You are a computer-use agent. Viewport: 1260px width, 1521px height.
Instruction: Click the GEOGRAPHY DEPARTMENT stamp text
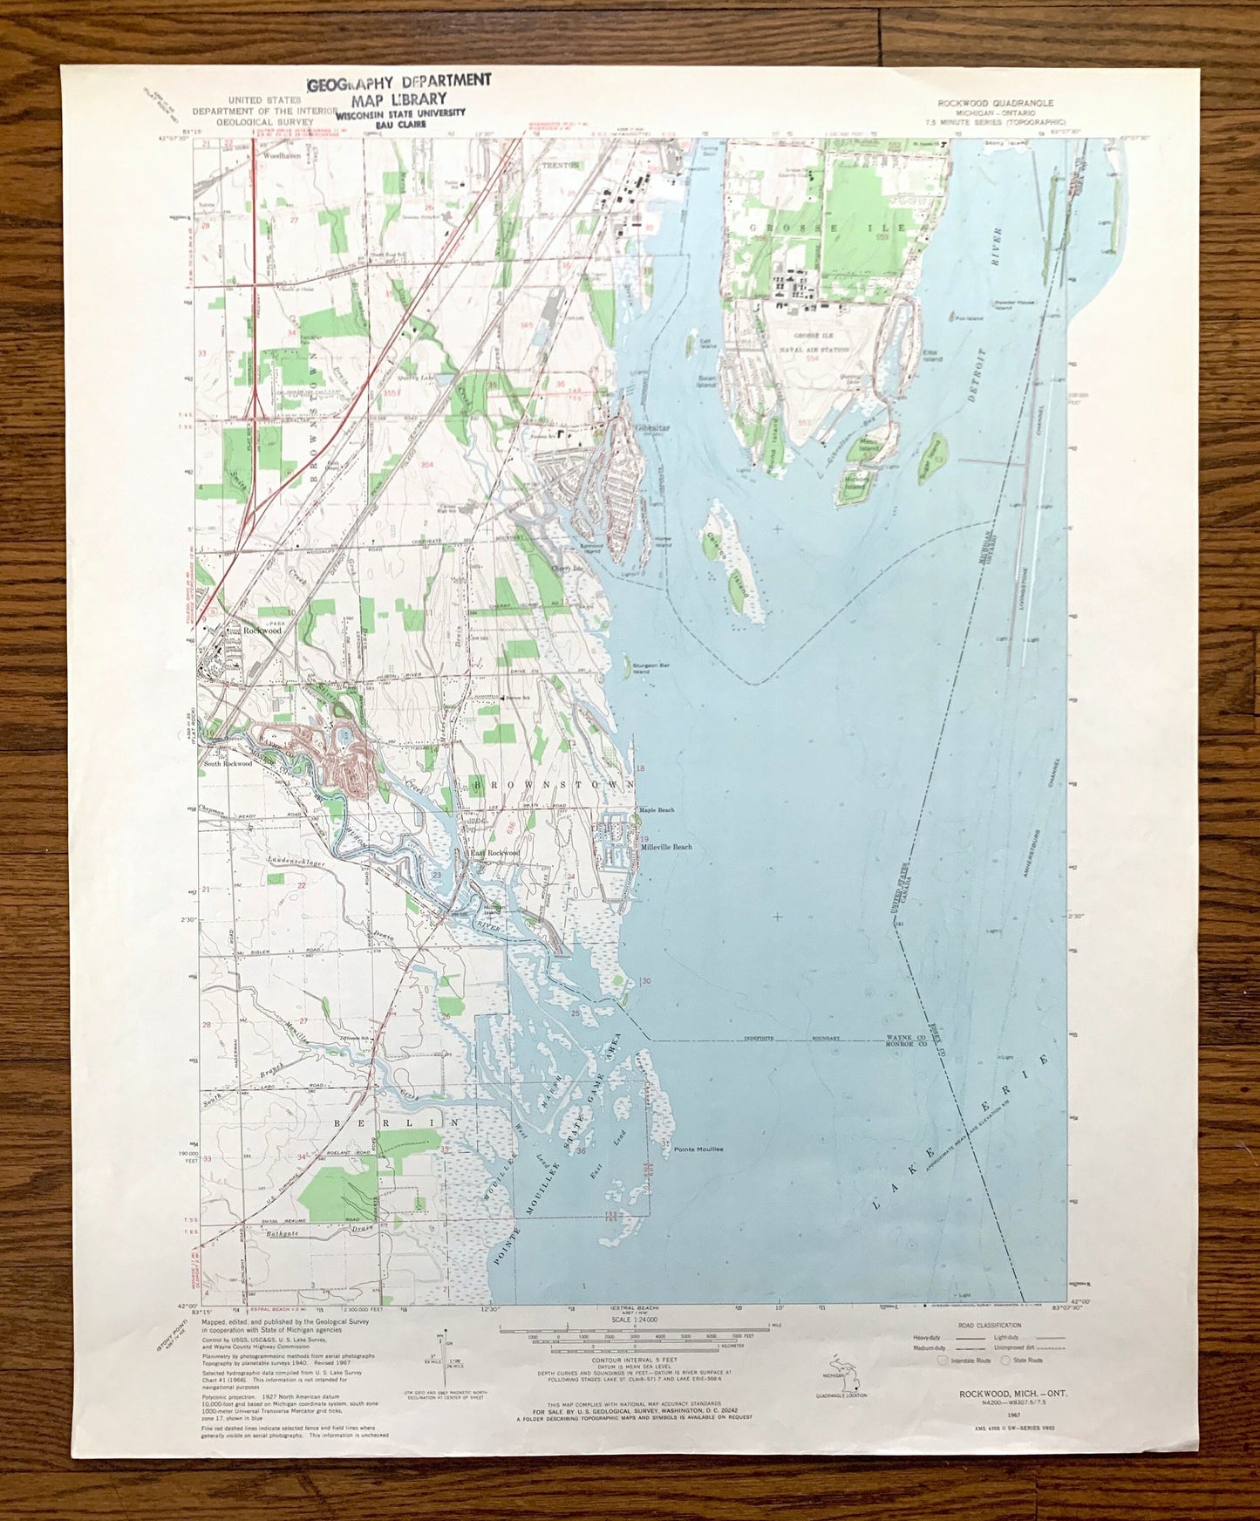(x=398, y=81)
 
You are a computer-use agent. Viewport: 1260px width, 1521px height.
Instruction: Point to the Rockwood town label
(x=262, y=630)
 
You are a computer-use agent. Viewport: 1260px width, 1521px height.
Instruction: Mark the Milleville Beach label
(x=666, y=847)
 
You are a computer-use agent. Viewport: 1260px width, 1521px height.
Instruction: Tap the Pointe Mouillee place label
(x=698, y=1149)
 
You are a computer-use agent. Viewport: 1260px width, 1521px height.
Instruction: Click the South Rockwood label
(x=228, y=763)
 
